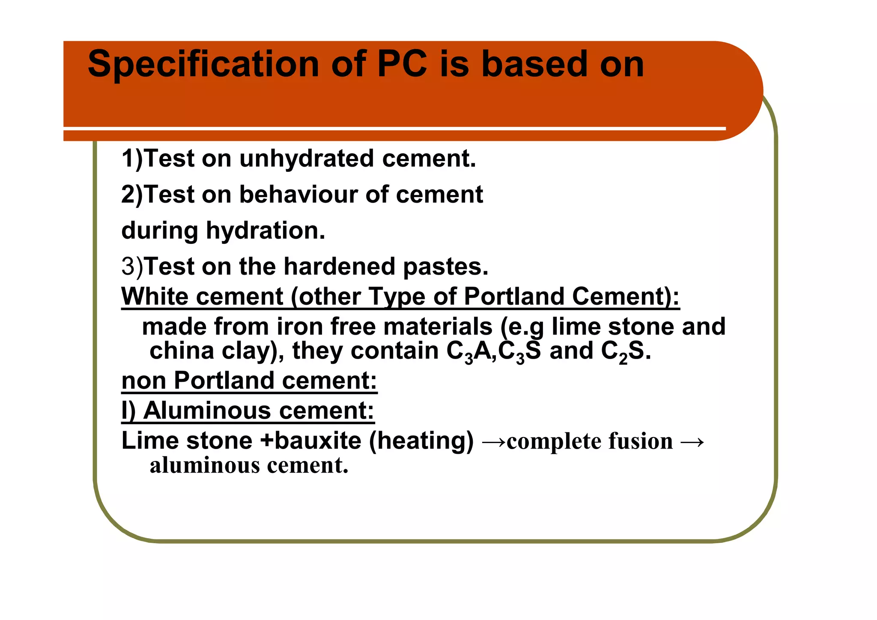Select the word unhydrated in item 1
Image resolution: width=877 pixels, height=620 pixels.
point(306,159)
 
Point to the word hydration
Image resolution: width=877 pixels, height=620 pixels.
point(265,231)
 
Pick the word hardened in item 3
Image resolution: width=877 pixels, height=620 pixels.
point(339,267)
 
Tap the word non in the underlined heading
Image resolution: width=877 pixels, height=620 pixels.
point(144,380)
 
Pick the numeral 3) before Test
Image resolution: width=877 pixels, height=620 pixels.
point(132,267)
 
